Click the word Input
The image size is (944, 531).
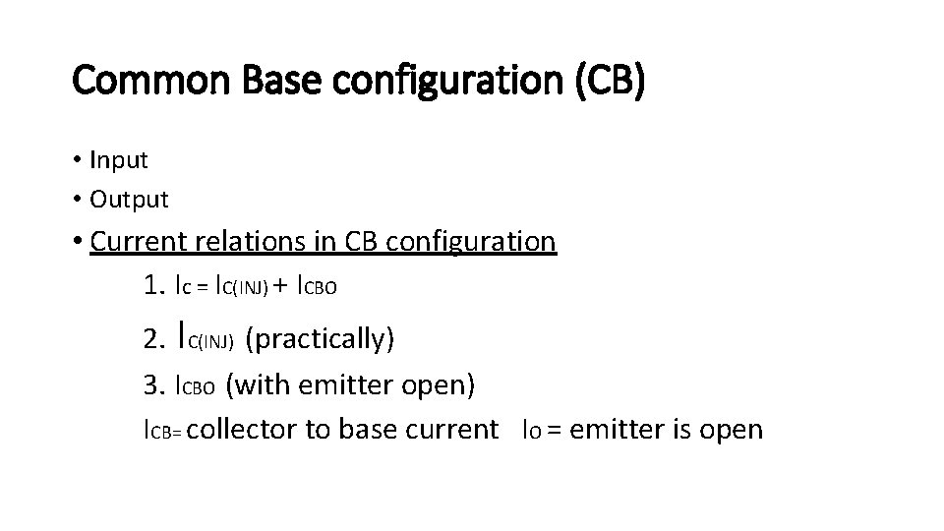click(118, 159)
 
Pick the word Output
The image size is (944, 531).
click(129, 200)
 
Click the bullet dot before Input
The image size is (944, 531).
click(77, 159)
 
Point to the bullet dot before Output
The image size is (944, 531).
click(77, 200)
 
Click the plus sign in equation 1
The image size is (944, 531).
click(281, 287)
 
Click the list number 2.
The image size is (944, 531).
click(153, 339)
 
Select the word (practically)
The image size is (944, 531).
click(320, 339)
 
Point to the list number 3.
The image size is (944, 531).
click(153, 384)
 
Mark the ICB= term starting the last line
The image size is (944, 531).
click(162, 431)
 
